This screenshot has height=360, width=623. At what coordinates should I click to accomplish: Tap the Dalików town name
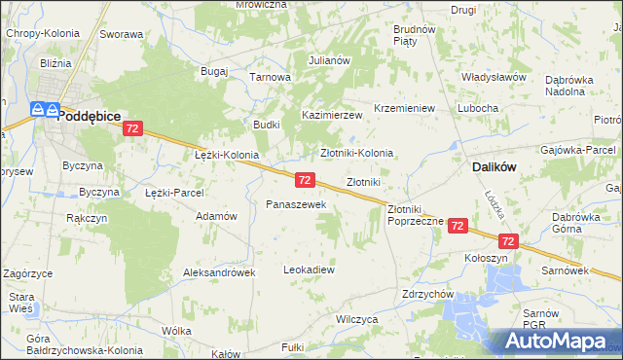click(x=494, y=166)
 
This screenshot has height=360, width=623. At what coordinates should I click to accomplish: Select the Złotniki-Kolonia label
click(x=357, y=153)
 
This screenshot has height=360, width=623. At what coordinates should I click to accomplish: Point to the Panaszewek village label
click(x=289, y=204)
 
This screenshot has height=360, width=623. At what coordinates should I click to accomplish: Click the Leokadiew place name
click(x=309, y=269)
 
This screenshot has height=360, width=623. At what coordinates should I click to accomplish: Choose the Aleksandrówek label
click(x=219, y=272)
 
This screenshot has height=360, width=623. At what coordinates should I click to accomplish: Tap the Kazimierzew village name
click(x=332, y=115)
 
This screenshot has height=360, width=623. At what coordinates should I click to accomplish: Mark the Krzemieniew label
click(x=404, y=108)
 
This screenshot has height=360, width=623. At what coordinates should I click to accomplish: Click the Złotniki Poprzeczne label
click(x=416, y=215)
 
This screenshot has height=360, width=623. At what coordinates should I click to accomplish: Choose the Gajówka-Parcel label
click(x=579, y=151)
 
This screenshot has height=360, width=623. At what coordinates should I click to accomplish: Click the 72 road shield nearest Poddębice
click(x=133, y=128)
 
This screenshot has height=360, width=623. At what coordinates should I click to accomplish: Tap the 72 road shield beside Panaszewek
click(x=305, y=180)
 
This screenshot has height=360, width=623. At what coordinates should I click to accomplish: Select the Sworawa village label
click(x=121, y=34)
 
